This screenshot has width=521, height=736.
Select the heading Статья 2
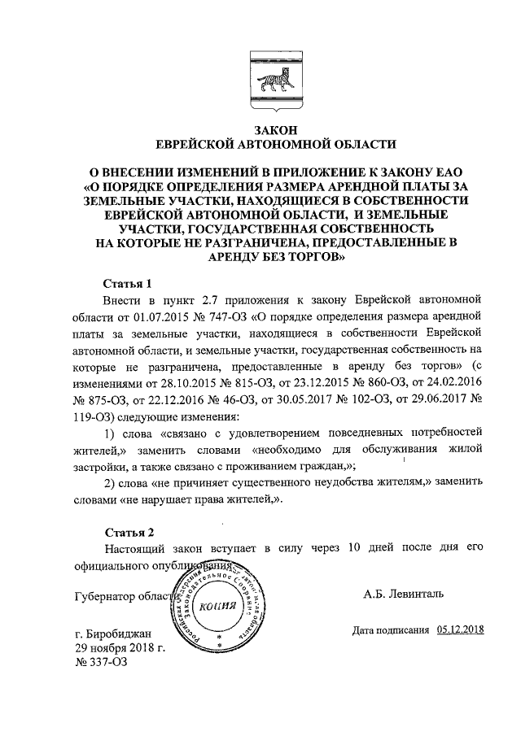(x=128, y=533)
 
